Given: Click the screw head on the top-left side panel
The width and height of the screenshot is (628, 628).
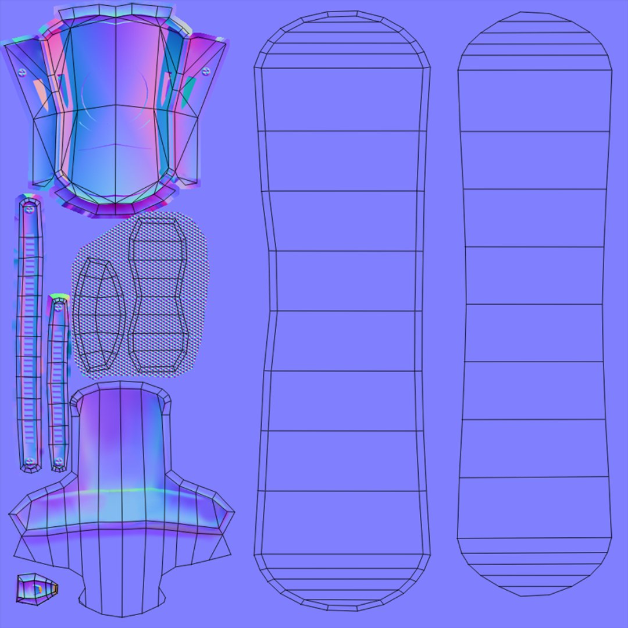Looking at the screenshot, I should click(x=23, y=72).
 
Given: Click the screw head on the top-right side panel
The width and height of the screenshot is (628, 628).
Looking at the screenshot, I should click(x=205, y=71).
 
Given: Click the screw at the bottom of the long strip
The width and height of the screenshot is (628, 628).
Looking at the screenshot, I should click(x=30, y=461).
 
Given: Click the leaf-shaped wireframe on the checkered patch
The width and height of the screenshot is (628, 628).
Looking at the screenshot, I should click(x=99, y=317).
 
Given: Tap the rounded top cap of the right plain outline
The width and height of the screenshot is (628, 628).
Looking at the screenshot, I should click(x=534, y=41).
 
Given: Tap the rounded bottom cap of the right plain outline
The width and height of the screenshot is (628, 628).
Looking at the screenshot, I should click(x=534, y=567).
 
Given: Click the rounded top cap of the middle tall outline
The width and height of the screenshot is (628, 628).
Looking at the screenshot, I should click(x=342, y=38).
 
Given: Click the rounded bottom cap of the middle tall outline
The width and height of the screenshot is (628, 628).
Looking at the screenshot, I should click(x=342, y=581).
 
